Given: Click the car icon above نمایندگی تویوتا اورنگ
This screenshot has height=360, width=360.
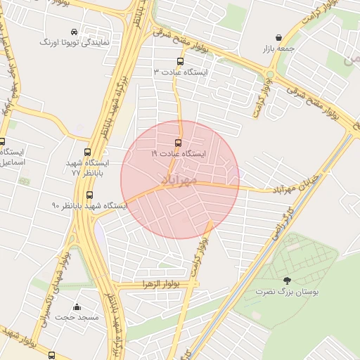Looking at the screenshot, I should click(75, 32).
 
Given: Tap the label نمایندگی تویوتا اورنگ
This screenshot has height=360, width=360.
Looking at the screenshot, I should click(75, 43).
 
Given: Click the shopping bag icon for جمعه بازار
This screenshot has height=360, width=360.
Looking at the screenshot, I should click(279, 37).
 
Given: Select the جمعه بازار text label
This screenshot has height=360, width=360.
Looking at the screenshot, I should click(279, 49).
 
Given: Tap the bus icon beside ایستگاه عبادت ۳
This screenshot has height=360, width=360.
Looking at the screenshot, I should click(181, 61).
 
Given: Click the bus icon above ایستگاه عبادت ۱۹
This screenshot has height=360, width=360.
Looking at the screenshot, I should click(177, 142).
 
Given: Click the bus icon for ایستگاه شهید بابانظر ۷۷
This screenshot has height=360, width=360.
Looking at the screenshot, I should click(88, 152).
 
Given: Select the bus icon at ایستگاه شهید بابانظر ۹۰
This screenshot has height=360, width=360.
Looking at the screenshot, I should click(89, 195).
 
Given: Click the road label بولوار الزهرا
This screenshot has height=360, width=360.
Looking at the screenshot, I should click(156, 283).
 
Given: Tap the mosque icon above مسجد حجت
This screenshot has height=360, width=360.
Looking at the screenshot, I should click(77, 307).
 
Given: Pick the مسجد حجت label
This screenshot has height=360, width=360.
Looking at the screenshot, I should click(77, 318).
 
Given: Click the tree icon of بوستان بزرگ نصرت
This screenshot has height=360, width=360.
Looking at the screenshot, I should click(286, 281).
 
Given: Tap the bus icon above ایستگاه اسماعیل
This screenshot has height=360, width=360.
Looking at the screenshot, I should click(2, 141).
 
